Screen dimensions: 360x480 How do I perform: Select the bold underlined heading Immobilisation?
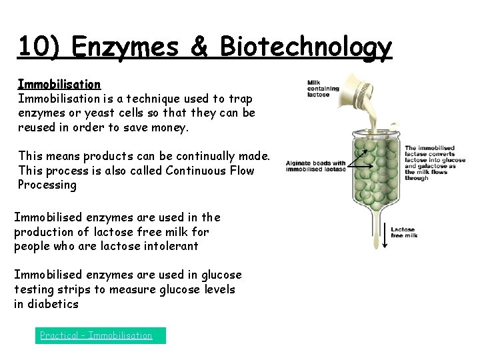59,85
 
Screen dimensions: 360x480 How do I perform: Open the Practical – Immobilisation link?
96,335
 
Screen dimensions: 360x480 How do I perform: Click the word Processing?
47,185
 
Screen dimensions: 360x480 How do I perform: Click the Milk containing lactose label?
323,89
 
